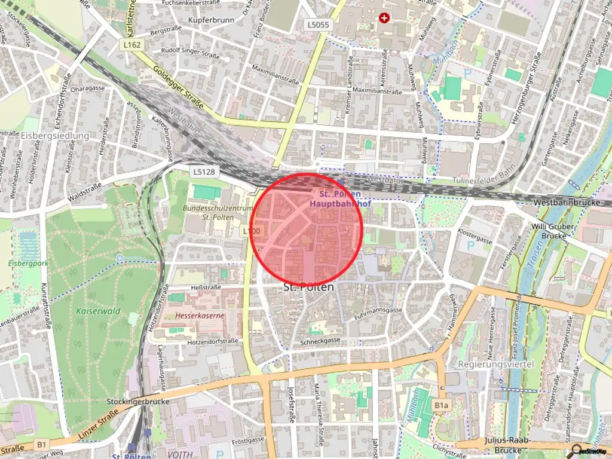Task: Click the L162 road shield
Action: [133, 45]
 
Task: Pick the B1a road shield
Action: [441, 406]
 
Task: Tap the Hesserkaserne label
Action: [200, 314]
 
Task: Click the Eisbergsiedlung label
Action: [54, 136]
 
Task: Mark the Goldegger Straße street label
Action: [178, 88]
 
